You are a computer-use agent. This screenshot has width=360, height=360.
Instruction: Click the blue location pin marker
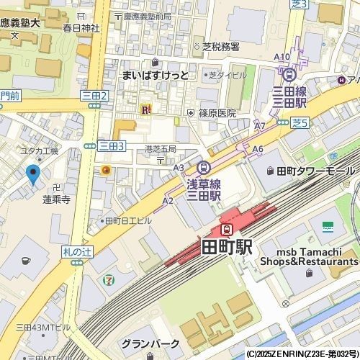(x=32, y=174)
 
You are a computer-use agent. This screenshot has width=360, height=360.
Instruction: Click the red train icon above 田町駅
(x=226, y=230)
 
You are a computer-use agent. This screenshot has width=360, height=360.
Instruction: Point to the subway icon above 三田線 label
(x=289, y=73)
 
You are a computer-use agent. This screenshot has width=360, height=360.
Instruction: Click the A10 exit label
(x=282, y=57)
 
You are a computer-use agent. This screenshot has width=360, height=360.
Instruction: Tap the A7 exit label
(x=260, y=125)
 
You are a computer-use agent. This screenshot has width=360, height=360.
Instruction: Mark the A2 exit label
(x=168, y=201)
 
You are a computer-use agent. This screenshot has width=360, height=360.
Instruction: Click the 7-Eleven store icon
(x=108, y=277)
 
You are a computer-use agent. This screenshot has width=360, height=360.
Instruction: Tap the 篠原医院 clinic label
(x=217, y=113)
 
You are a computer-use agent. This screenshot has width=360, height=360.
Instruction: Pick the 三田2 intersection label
(x=94, y=95)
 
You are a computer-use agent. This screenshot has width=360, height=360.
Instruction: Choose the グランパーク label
(x=145, y=343)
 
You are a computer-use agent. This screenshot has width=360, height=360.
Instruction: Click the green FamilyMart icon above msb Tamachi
(x=328, y=225)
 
